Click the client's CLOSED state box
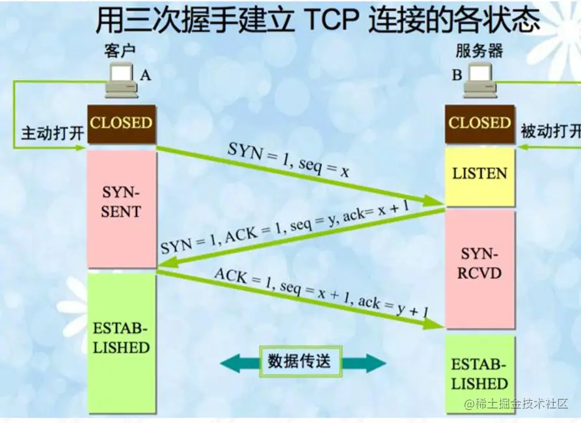pos(122,124)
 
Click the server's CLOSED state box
pos(480,124)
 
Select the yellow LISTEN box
pos(480,174)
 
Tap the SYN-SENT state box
pos(122,202)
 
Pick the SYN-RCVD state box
pos(480,263)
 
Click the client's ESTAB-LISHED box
pos(122,338)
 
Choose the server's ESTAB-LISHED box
pos(480,374)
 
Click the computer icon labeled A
pos(122,80)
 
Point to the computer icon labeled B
pos(481,79)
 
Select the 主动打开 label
pos(53,133)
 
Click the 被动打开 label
pos(550,132)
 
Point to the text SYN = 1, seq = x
pos(289,160)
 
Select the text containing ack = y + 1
pos(321,292)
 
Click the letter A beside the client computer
pos(145,75)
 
